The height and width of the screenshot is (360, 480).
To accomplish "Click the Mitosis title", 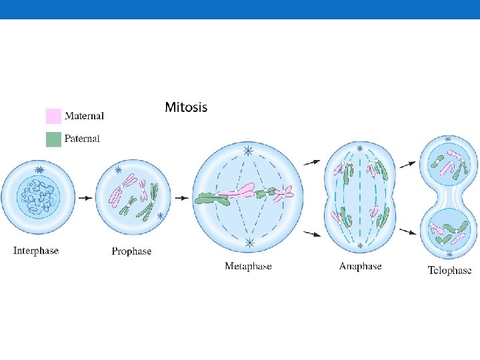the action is point(186,107).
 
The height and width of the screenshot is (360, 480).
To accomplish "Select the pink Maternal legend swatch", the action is point(53,116).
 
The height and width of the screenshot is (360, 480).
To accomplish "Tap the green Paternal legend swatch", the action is point(53,139).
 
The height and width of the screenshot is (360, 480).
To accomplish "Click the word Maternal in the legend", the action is point(84,116).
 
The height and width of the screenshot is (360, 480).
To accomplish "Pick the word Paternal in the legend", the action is point(82,139).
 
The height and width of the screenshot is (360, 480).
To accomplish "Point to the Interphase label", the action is point(36,251).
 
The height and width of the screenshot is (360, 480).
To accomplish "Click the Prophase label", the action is point(131,251).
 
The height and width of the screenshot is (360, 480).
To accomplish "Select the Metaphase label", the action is point(248,267).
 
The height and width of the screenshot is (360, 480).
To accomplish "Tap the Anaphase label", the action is point(360,266).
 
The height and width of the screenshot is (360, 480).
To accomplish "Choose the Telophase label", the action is point(449,270).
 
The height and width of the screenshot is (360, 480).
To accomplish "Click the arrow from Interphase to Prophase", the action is point(85,198).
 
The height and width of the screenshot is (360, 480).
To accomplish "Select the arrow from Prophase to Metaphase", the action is point(181,198).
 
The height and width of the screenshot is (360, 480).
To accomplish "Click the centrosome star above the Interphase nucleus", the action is point(40,171).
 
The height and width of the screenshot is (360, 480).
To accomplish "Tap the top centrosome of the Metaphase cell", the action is point(248,151).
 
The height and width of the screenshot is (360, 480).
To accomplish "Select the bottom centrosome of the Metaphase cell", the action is point(249,242).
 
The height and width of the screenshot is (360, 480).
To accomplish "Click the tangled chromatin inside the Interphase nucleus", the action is point(38,198).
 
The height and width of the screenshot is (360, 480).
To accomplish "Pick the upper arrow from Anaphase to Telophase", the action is point(406,163).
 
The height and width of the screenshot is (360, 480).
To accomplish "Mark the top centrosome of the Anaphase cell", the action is point(360,148).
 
